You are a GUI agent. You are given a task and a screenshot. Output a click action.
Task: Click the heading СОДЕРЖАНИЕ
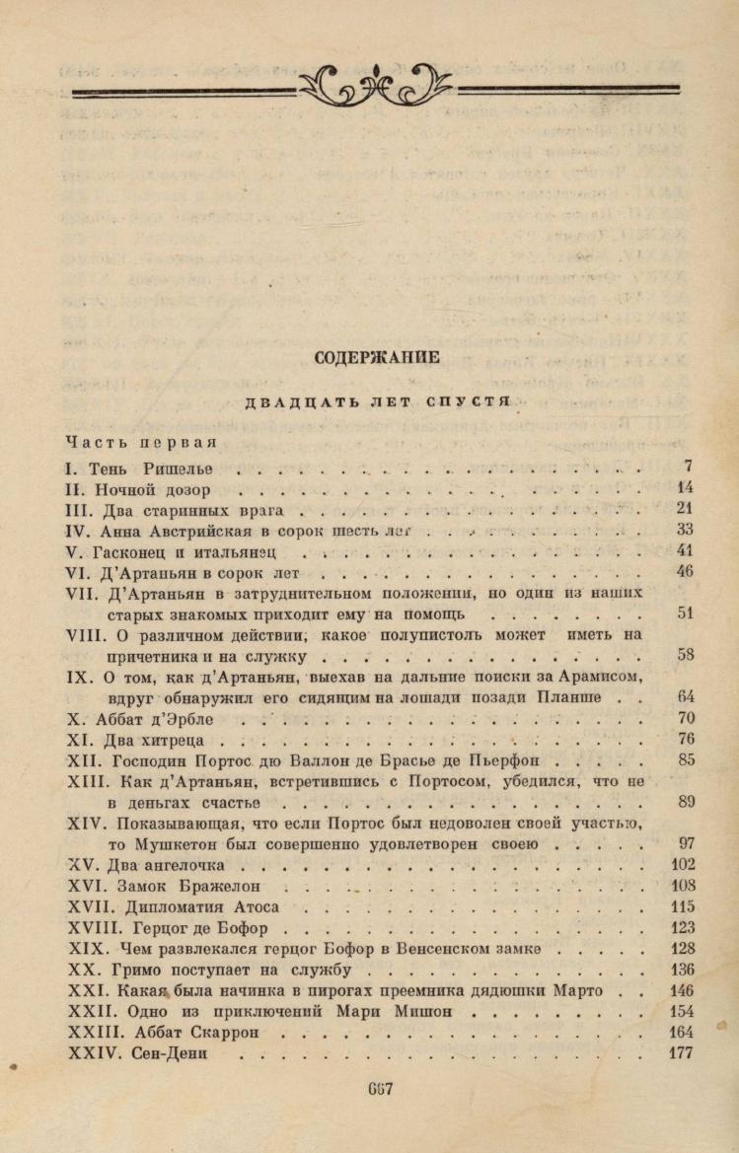tap(377, 357)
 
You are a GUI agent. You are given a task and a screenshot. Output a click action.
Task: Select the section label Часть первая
tap(141, 440)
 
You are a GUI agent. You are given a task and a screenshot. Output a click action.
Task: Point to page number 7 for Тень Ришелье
tap(688, 466)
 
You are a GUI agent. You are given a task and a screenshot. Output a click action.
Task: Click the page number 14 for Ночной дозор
tap(685, 487)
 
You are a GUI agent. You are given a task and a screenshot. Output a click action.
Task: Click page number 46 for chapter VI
tap(685, 571)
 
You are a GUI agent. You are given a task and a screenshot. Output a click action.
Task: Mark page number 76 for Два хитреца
tap(685, 739)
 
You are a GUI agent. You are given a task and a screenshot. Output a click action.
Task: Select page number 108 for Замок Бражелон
tap(682, 885)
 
